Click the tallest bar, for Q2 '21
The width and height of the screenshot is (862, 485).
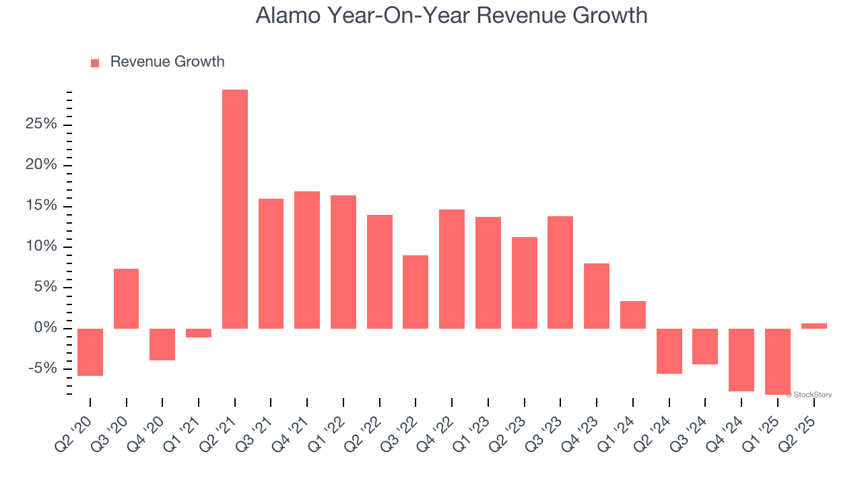click(x=235, y=209)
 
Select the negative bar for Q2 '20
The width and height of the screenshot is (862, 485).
click(x=90, y=352)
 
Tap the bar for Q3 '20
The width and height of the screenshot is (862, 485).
click(x=127, y=298)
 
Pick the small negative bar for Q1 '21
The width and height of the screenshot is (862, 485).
click(x=199, y=333)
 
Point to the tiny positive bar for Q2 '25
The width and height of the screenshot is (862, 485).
click(x=814, y=326)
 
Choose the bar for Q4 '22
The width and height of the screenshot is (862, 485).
click(x=452, y=269)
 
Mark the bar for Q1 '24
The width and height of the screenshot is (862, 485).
click(x=633, y=315)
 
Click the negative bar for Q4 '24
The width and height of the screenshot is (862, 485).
click(x=741, y=360)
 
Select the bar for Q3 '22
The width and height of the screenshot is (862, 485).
click(x=416, y=292)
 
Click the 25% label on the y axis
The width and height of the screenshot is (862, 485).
click(x=40, y=125)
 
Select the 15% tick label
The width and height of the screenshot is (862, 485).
click(x=40, y=206)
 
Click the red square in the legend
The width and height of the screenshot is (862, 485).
click(x=95, y=63)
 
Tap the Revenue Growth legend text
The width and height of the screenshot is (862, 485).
click(x=167, y=62)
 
